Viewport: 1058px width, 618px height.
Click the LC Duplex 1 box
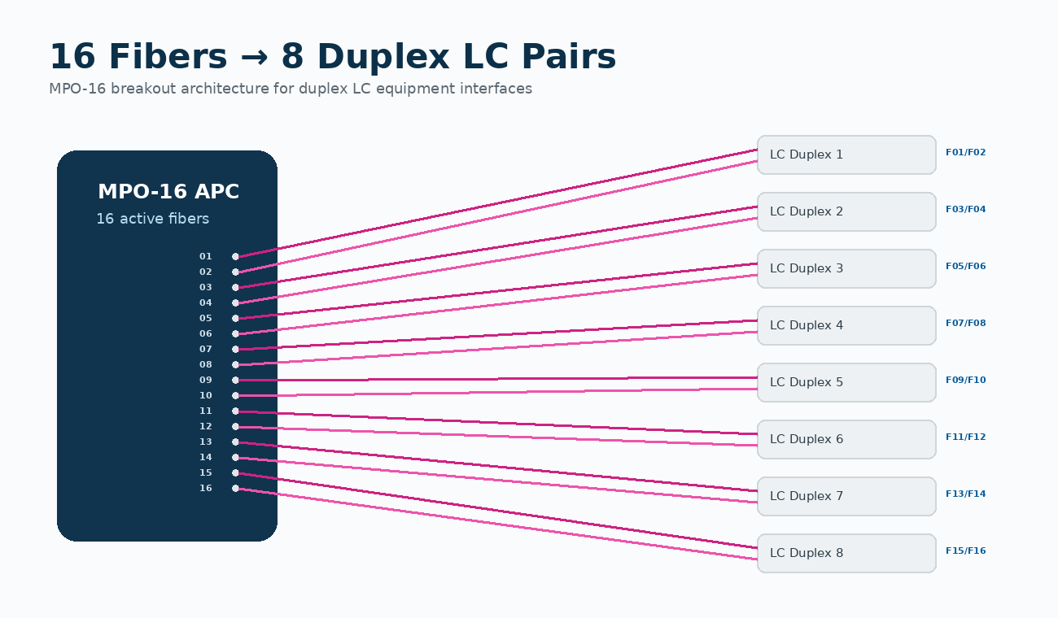coord(846,154)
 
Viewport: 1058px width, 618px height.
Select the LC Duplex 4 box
coord(846,325)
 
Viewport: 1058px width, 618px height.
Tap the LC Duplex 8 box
coord(846,554)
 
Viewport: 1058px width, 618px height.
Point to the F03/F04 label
coord(965,209)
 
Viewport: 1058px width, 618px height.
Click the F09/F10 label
coord(965,380)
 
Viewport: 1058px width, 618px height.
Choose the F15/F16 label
coord(965,551)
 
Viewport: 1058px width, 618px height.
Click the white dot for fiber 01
coord(235,257)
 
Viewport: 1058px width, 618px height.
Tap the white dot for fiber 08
coord(235,364)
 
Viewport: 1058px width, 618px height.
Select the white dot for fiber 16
coord(235,488)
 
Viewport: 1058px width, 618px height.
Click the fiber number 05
coord(205,318)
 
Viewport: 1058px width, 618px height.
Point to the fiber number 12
coord(205,426)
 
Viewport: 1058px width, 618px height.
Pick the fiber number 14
coord(205,457)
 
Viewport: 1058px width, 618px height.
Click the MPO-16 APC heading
coord(168,192)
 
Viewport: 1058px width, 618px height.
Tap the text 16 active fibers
coord(152,219)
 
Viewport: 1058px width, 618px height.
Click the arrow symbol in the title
coord(254,58)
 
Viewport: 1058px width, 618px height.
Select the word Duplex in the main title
coord(383,57)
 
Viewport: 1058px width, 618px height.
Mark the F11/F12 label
coord(965,437)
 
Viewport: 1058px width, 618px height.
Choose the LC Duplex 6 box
coord(846,440)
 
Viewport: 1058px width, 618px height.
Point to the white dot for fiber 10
coord(235,395)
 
